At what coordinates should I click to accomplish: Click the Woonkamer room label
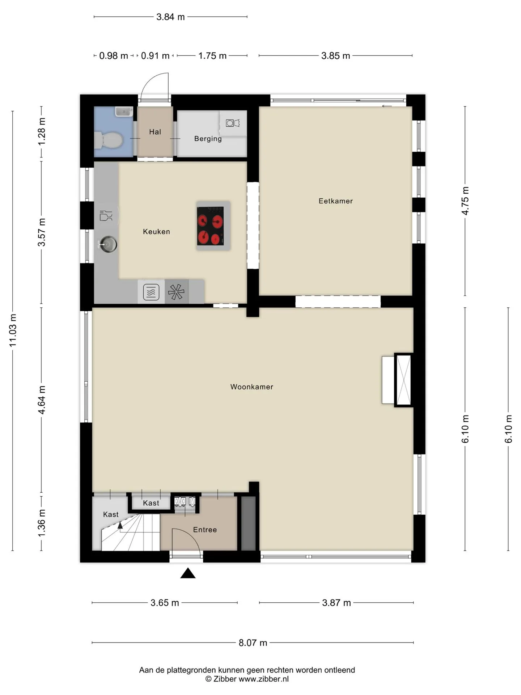(x=252, y=387)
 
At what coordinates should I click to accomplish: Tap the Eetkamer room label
(x=336, y=201)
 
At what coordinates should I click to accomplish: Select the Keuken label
(x=156, y=232)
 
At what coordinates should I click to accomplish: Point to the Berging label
(x=208, y=139)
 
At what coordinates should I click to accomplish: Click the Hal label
(x=155, y=132)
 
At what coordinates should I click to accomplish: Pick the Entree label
(x=205, y=530)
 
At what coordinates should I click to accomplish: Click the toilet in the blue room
(x=108, y=140)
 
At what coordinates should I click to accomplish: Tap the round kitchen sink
(x=107, y=244)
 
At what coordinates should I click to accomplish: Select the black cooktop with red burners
(x=210, y=226)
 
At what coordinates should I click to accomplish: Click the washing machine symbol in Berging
(x=233, y=123)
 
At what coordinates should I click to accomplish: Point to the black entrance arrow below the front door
(x=188, y=573)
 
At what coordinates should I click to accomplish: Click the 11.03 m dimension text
(x=13, y=330)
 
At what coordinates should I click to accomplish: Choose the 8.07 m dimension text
(x=253, y=643)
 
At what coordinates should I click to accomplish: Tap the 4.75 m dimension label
(x=465, y=201)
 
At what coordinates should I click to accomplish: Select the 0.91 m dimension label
(x=155, y=56)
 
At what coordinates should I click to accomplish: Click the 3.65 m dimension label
(x=165, y=603)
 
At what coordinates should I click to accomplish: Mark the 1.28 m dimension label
(x=42, y=132)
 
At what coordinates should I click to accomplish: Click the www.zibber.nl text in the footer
(x=264, y=679)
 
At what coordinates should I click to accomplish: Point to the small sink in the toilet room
(x=123, y=111)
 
